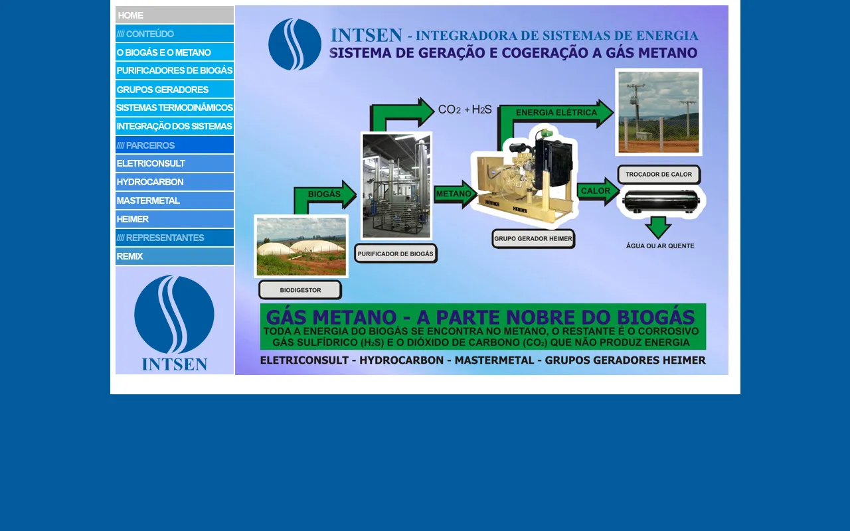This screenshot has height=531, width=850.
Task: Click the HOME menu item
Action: (x=175, y=15)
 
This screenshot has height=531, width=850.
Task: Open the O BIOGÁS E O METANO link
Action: (x=175, y=52)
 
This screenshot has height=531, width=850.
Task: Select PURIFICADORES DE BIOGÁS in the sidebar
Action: (x=175, y=70)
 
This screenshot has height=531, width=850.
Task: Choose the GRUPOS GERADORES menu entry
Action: (x=175, y=89)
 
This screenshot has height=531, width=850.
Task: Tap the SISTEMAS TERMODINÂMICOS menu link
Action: (x=175, y=108)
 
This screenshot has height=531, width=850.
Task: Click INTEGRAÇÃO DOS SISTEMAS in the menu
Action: (x=175, y=126)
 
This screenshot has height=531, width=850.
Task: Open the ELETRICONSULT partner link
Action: (x=175, y=163)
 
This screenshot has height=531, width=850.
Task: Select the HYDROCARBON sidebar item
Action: (x=175, y=182)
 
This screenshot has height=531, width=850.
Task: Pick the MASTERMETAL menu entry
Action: (x=175, y=200)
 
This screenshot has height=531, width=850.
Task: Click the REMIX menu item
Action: (x=175, y=256)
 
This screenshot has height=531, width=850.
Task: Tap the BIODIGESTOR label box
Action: (x=300, y=290)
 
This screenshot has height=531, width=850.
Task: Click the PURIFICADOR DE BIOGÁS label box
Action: (x=395, y=254)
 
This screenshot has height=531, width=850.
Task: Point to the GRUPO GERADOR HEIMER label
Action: (x=533, y=238)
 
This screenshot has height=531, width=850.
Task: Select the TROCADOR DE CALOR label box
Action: (x=659, y=175)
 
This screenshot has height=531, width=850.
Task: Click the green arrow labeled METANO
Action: (x=456, y=194)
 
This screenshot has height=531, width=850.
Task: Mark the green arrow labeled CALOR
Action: (x=598, y=191)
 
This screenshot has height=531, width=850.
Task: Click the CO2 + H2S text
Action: (x=465, y=110)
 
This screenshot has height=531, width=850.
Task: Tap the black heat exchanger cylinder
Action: (x=661, y=201)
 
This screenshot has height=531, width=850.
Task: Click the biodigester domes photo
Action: (x=301, y=246)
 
